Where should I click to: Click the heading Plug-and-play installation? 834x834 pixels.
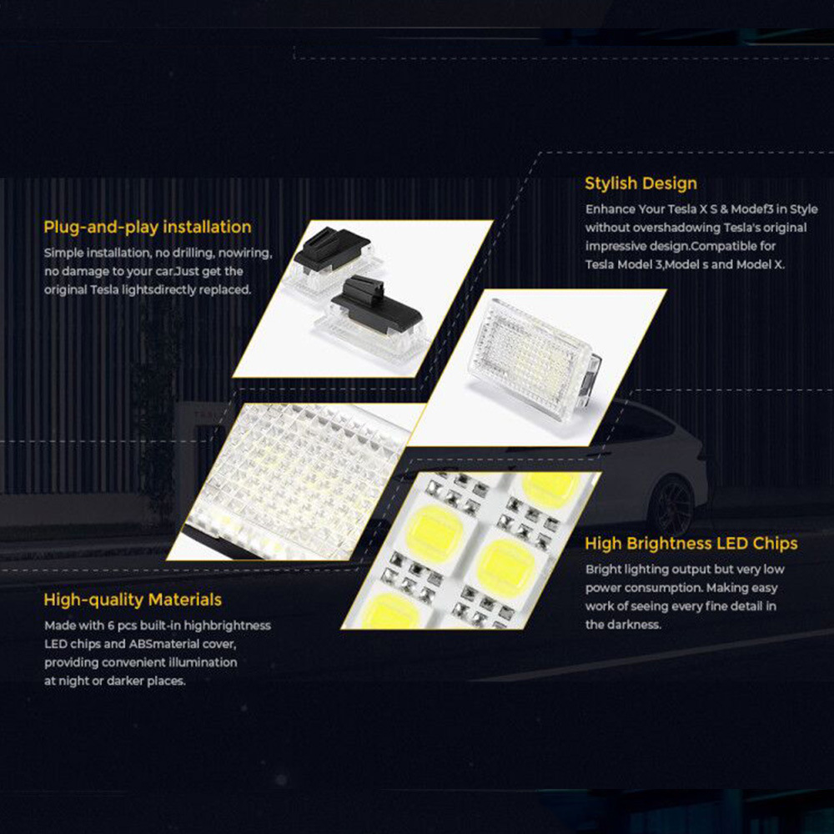147,227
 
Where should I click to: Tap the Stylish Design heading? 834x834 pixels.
641,183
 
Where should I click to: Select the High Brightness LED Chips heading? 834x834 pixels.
691,544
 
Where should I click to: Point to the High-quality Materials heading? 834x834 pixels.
133,600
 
